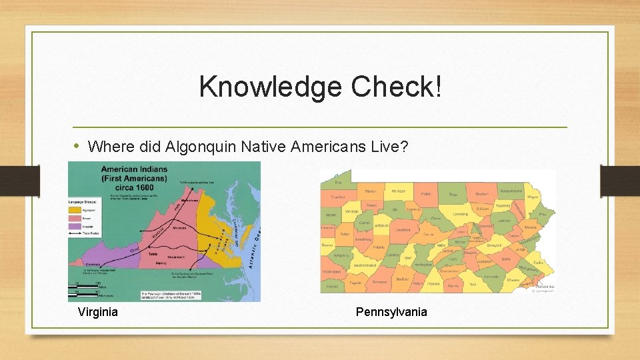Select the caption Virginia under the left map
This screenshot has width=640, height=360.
[98, 311]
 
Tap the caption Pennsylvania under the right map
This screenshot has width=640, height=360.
[391, 311]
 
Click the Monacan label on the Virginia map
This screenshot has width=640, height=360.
[179, 228]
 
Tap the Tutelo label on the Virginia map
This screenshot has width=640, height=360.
[153, 254]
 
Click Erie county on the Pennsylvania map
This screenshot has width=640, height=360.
[339, 181]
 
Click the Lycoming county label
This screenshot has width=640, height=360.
[460, 215]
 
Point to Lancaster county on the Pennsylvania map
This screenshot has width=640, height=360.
[492, 275]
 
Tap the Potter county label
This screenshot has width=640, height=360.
[426, 193]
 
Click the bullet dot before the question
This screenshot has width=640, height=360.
[77, 145]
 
